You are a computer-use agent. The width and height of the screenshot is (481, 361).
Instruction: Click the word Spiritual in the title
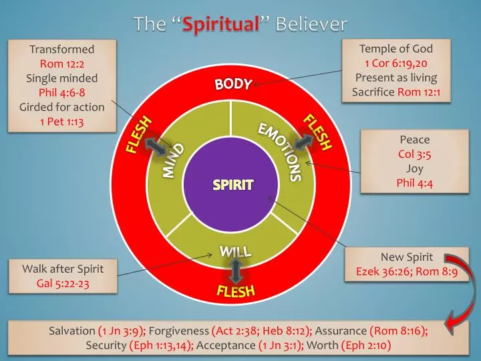click(x=221, y=25)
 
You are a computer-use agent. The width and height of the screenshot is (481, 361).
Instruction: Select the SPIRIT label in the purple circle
click(x=233, y=185)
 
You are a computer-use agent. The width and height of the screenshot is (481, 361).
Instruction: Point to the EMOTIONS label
click(x=281, y=151)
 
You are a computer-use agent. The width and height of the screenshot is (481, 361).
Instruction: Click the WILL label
click(x=235, y=251)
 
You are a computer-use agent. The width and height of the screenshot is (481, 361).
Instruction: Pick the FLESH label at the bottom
click(x=235, y=291)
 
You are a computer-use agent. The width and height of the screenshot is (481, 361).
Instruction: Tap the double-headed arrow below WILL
click(x=235, y=270)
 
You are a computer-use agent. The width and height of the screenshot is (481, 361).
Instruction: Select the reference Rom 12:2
click(x=62, y=64)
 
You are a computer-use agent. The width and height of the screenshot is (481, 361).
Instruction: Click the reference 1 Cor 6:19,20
click(x=395, y=64)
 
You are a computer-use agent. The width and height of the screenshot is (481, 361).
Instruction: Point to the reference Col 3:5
click(x=414, y=154)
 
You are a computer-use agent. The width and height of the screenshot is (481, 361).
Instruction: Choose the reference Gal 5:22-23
click(x=63, y=283)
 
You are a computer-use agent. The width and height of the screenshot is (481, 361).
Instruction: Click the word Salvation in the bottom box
click(x=72, y=331)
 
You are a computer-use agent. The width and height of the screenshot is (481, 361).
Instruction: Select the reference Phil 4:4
click(x=414, y=183)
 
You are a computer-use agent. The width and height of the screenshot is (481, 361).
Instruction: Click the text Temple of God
click(x=395, y=49)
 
